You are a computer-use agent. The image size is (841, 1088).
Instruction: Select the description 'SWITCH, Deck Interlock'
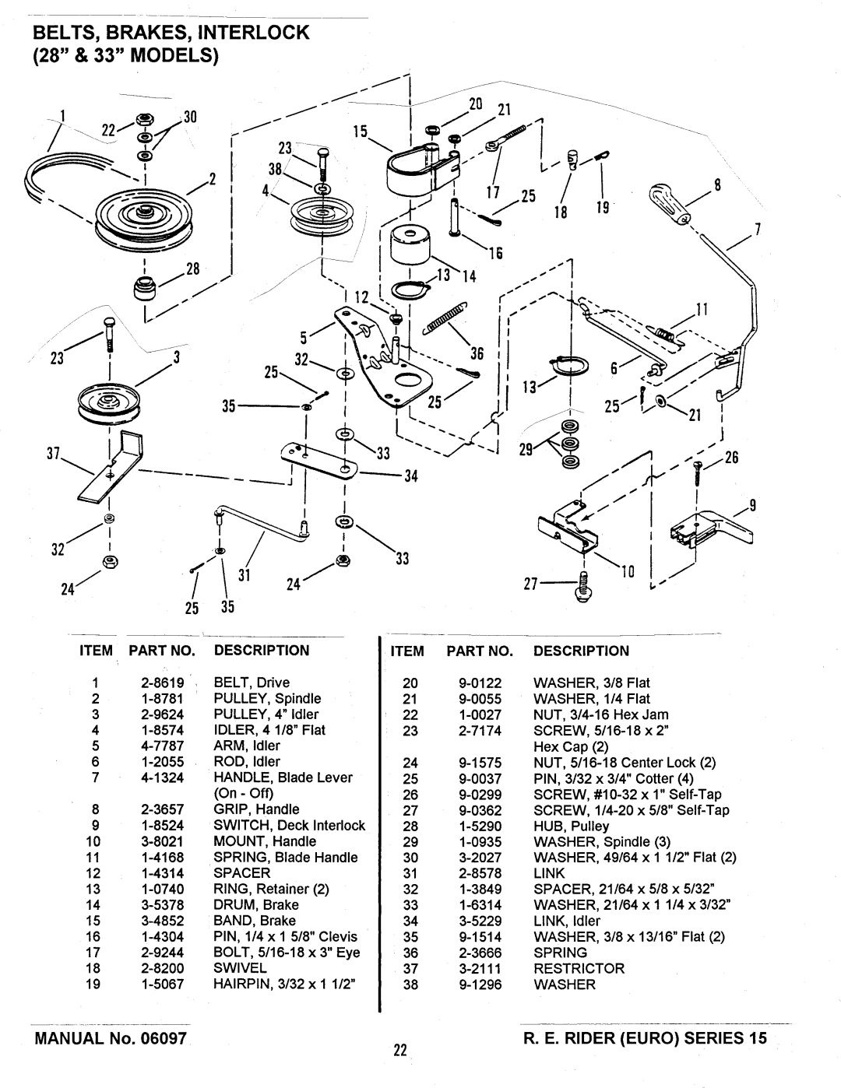click(x=289, y=825)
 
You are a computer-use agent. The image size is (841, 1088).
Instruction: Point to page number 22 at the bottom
click(x=400, y=1051)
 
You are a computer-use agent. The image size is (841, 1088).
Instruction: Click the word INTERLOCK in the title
click(x=255, y=33)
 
